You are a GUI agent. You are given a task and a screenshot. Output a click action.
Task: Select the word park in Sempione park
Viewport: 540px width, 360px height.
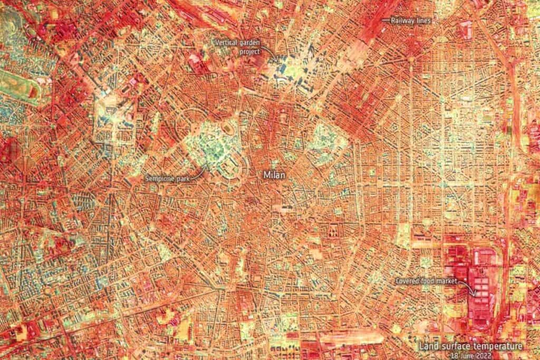pyautogui.click(x=182, y=179)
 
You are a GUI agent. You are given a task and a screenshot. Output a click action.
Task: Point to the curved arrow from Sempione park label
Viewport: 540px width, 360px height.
pyautogui.click(x=199, y=173)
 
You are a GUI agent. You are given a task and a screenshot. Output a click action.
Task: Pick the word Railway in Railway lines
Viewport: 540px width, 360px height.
pyautogui.click(x=402, y=21)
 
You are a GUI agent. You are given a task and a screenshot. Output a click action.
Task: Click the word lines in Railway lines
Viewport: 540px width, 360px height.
pyautogui.click(x=423, y=21)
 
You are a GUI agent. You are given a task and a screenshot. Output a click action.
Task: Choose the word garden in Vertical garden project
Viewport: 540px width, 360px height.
pyautogui.click(x=253, y=41)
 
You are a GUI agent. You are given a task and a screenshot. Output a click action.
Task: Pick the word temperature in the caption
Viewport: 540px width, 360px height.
pyautogui.click(x=496, y=346)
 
